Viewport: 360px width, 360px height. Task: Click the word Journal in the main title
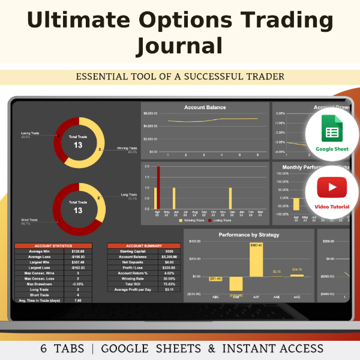179,46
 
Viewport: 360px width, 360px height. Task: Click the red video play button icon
328,187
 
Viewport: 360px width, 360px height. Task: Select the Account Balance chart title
205,107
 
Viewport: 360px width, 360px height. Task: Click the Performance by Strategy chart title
248,235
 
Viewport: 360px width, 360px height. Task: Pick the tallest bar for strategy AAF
256,260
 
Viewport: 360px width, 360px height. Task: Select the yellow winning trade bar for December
230,198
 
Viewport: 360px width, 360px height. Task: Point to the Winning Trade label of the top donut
127,148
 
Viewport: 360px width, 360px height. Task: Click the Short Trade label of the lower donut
30,220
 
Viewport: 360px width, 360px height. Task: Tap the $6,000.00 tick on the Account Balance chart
150,113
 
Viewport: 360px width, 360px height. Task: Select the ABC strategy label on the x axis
215,297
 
